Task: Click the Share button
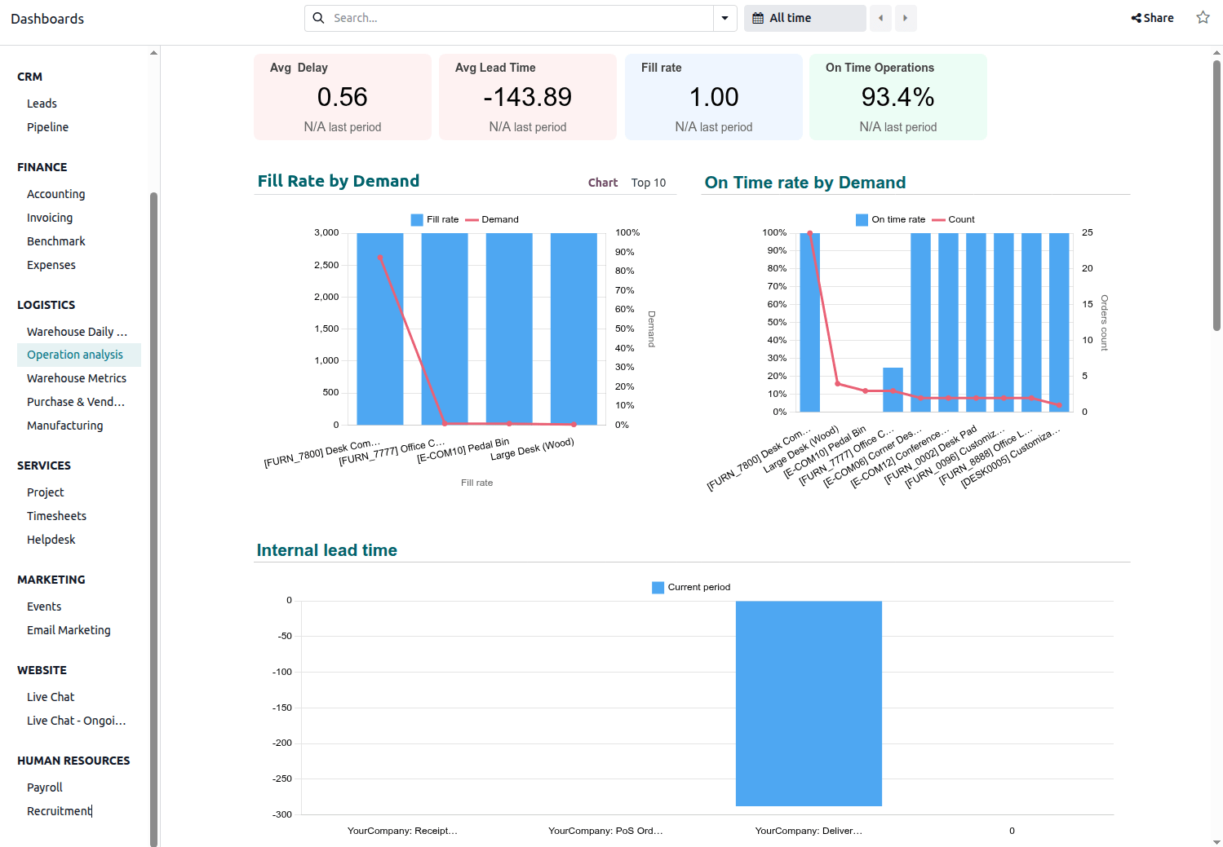click(1152, 18)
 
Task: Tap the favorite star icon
click(1203, 18)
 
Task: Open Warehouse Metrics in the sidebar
click(77, 378)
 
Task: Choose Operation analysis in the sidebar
click(75, 355)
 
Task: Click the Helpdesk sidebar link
click(51, 540)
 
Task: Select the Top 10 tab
click(648, 183)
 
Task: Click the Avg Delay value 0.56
click(342, 97)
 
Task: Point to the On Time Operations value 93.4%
click(897, 97)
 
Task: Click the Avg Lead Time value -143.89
click(527, 97)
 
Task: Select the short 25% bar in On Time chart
click(893, 390)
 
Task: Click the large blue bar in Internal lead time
click(809, 703)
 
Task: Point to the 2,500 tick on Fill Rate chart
click(326, 265)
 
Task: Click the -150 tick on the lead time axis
click(282, 708)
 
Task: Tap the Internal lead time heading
click(326, 550)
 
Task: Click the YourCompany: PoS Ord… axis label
click(605, 831)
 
